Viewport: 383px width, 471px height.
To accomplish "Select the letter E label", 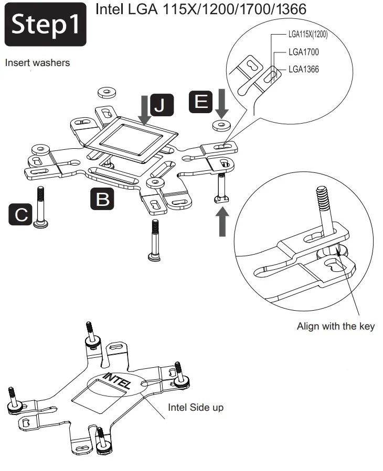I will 201,101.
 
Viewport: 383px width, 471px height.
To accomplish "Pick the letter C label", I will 20,215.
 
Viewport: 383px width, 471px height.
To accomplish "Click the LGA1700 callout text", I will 303,52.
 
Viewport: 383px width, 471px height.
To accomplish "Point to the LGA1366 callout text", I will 303,69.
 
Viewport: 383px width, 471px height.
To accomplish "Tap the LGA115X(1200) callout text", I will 308,35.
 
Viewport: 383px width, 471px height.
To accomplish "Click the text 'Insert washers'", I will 37,63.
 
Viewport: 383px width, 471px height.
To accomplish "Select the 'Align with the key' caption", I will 336,326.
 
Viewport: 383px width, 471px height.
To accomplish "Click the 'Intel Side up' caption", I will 195,407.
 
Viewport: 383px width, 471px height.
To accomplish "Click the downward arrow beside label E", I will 221,102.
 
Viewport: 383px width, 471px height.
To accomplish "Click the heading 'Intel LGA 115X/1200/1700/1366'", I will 201,10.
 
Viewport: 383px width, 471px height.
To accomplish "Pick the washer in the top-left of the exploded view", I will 107,92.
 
